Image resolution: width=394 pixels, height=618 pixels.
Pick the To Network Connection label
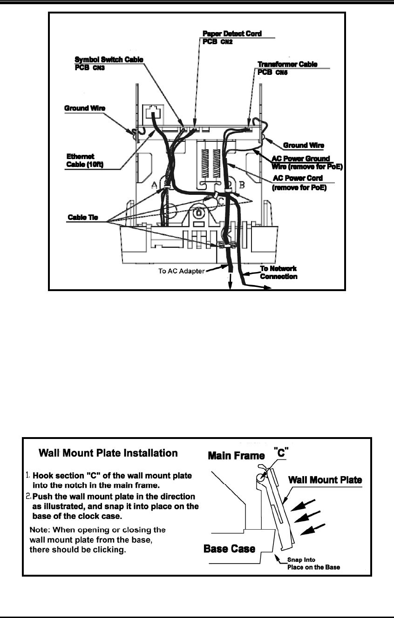point(278,272)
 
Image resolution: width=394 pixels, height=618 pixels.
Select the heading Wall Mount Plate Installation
point(108,452)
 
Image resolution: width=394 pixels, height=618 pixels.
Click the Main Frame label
point(236,456)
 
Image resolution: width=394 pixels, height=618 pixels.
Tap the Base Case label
point(230,549)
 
